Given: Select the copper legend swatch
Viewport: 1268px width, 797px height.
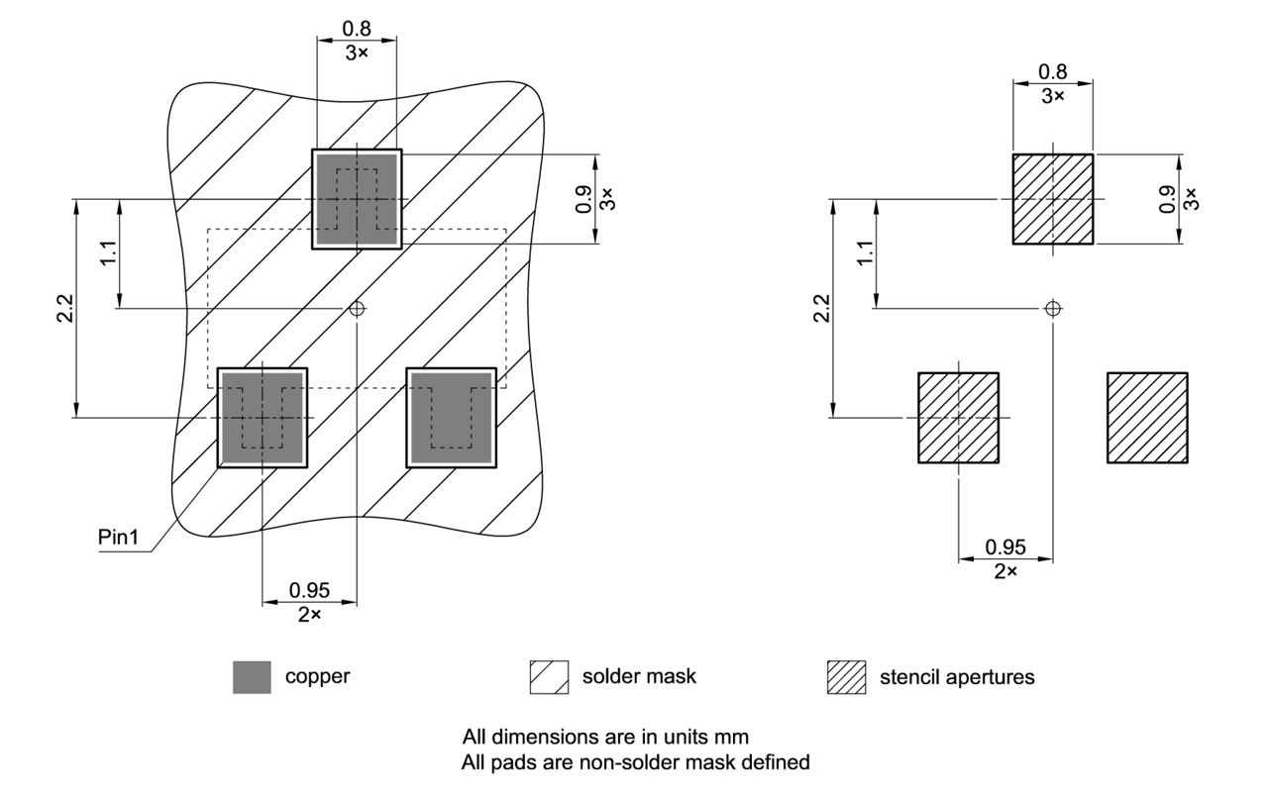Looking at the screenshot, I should (252, 677).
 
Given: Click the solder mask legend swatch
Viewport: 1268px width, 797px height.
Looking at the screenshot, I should (549, 677).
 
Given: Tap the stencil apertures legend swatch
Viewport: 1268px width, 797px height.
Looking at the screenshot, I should (846, 677).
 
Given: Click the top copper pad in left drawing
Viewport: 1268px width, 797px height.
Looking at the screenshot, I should (357, 199).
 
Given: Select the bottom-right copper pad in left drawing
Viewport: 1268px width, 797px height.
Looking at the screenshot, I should (451, 417).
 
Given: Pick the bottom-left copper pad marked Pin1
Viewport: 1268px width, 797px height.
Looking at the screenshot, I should (262, 417).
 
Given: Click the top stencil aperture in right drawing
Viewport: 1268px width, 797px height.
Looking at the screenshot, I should (1052, 199).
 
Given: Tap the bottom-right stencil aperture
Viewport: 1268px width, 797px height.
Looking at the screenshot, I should (1147, 417).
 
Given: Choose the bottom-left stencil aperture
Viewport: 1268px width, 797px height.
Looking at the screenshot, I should (958, 417).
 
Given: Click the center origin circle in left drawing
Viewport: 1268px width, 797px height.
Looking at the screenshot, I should (357, 308).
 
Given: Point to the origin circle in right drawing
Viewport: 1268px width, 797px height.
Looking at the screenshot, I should (1053, 308).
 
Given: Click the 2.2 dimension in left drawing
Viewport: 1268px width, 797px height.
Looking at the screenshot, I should (64, 308).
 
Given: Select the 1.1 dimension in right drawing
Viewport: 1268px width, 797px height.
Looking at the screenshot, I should (865, 252).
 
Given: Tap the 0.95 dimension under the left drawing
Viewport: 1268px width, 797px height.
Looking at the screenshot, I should (310, 590).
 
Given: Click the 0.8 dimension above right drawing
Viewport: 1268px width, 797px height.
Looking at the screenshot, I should (1052, 71).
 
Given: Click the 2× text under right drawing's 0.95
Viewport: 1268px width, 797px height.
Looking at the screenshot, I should (1005, 572).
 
